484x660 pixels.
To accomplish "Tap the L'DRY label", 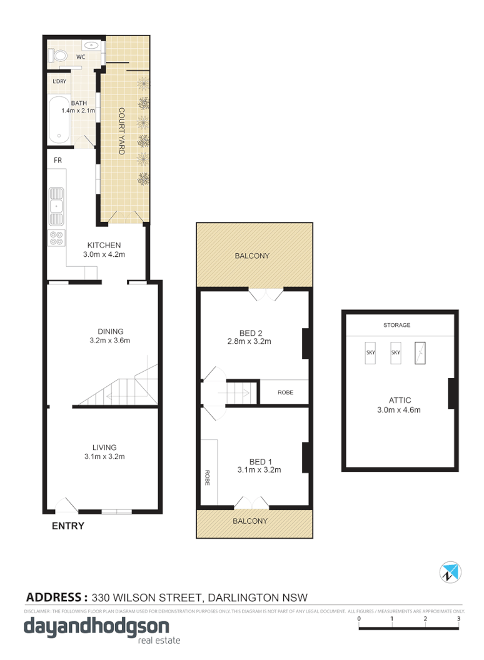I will (60, 82).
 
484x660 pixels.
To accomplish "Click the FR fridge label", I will (58, 161).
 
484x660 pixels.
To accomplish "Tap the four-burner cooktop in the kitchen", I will (56, 237).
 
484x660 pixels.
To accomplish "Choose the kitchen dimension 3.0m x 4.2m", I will (104, 254).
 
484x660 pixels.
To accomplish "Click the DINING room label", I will (110, 331).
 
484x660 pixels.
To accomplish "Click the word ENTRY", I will (68, 526).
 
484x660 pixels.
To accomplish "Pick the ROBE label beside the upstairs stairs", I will (285, 392).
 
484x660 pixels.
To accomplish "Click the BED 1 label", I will (252, 461).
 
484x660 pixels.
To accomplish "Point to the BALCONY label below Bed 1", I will (250, 521).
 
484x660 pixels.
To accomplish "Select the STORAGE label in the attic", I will (397, 325).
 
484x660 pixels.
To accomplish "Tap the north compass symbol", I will (450, 571).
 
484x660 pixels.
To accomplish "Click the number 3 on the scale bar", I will (458, 619).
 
